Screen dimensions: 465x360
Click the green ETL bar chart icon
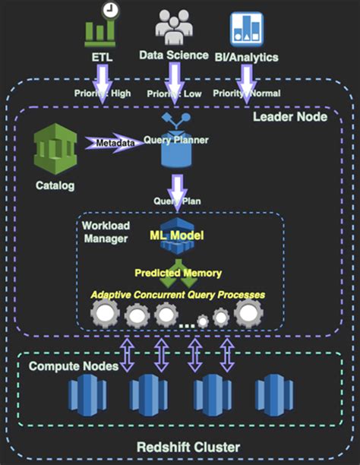tap(99, 30)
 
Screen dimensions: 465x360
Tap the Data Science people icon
tap(174, 27)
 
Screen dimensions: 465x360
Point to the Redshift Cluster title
tap(180, 446)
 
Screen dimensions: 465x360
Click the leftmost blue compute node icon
tap(84, 395)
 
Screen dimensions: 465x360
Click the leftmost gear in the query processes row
tap(106, 313)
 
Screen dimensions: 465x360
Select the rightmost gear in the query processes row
tap(249, 312)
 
